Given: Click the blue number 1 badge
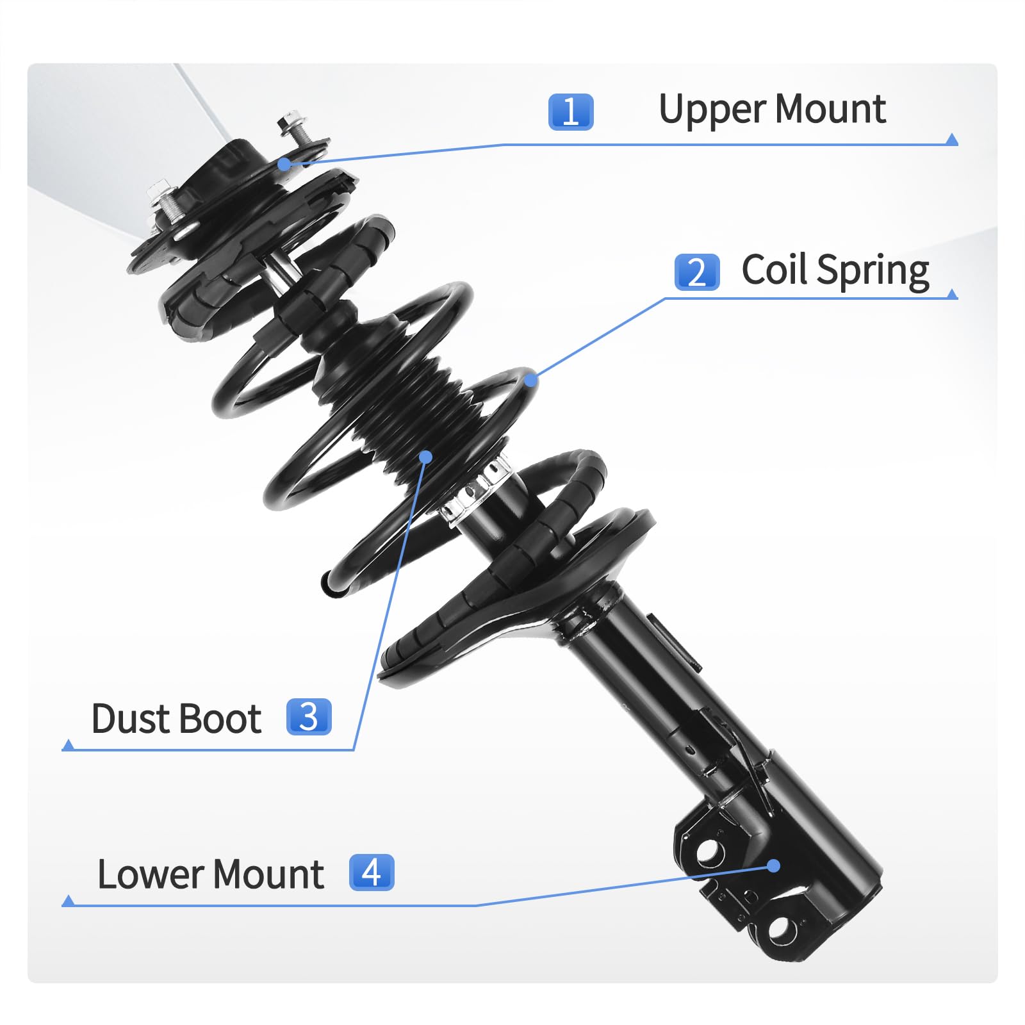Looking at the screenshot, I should [571, 111].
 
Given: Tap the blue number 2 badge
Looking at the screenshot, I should [697, 272].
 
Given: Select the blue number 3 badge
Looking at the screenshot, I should [309, 716].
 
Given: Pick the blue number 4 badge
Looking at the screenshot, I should [372, 872].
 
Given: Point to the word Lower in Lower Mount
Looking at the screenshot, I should [151, 874].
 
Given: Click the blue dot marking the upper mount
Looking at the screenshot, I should [284, 164].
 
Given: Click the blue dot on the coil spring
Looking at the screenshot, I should [530, 380].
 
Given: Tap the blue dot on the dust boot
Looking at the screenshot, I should [426, 456].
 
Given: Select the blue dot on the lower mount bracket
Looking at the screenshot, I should [774, 866].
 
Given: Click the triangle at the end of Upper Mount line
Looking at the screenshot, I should [952, 140].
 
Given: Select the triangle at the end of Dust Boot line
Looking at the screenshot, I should [68, 744].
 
